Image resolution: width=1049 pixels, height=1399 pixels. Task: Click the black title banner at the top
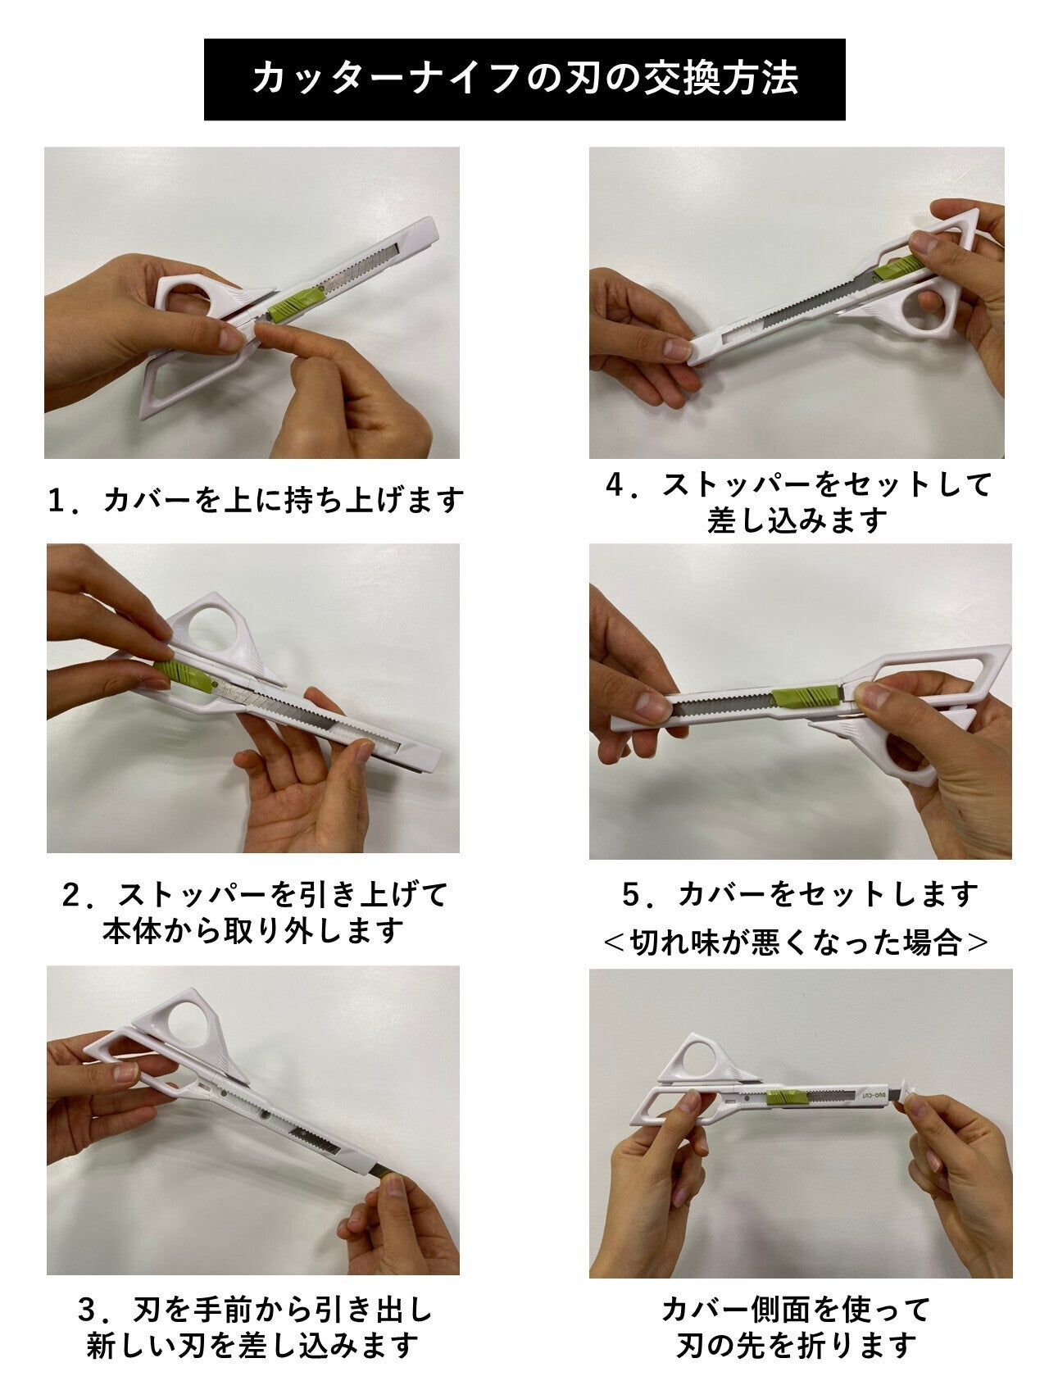point(524,79)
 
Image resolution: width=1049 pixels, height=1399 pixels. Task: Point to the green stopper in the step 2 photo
point(184,678)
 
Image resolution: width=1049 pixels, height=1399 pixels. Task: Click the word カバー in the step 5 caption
point(718,894)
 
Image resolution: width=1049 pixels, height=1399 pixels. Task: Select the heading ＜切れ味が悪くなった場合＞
point(796,943)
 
